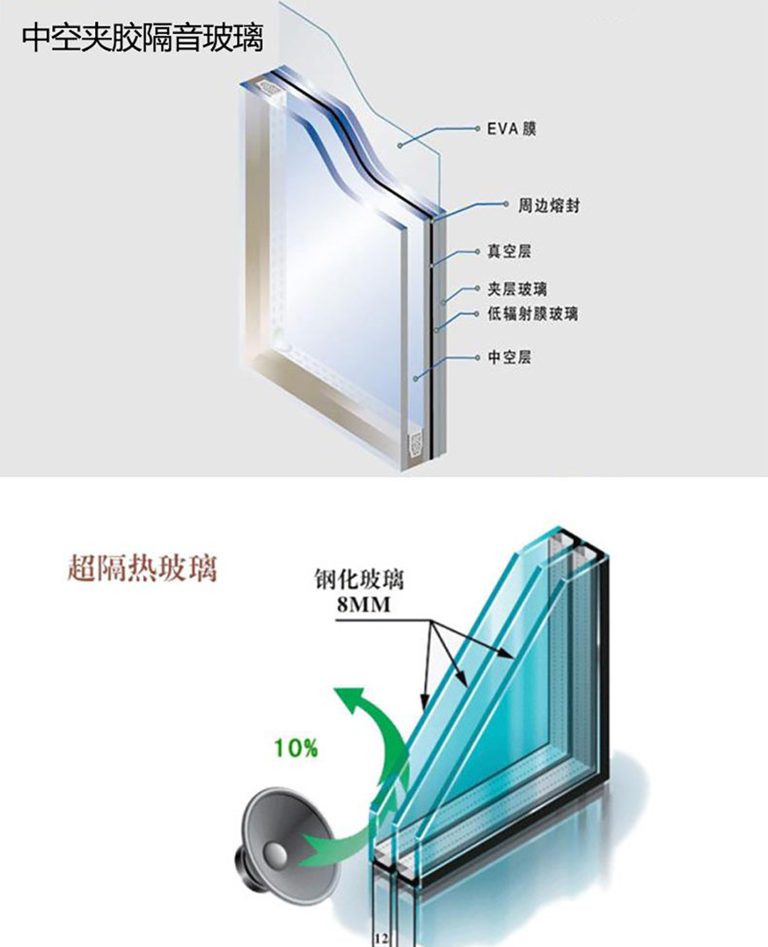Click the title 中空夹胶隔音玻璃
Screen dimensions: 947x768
coord(142,38)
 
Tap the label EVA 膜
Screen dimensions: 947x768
coord(511,129)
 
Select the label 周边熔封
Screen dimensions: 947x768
coord(548,205)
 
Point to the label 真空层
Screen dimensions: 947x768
coord(509,251)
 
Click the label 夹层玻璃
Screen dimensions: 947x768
coord(517,289)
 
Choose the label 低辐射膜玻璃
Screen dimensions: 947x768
coord(533,314)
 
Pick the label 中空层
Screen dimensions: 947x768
coord(509,357)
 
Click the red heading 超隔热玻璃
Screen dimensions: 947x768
coord(142,569)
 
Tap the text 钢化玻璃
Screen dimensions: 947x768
coord(359,579)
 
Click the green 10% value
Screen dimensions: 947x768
coord(296,748)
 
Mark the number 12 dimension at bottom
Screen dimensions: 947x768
coord(380,938)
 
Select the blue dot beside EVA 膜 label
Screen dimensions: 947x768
coord(478,129)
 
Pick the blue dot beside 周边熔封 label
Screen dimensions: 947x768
coord(506,205)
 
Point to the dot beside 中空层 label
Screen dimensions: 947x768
coord(478,357)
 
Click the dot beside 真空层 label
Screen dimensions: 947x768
coord(478,251)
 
